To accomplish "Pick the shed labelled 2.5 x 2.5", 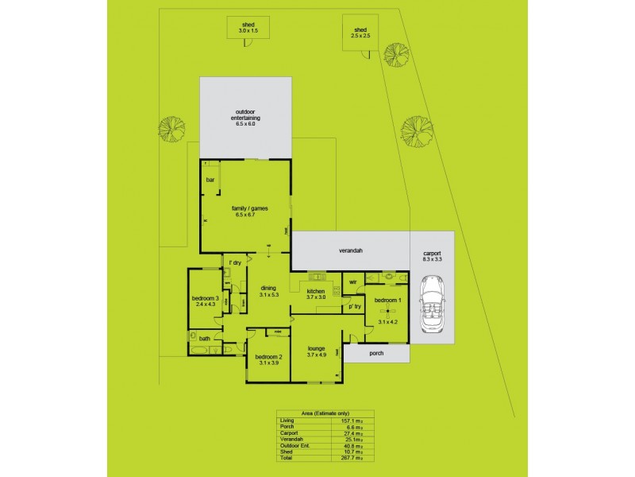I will pos(361,33).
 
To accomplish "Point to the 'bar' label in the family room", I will pos(210,180).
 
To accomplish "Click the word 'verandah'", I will pos(351,250).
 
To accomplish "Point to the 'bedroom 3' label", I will pos(205,301).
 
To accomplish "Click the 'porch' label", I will pos(376,353).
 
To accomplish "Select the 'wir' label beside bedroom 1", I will pos(352,281).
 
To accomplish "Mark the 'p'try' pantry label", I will pos(354,306).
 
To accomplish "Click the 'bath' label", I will pos(205,339).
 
